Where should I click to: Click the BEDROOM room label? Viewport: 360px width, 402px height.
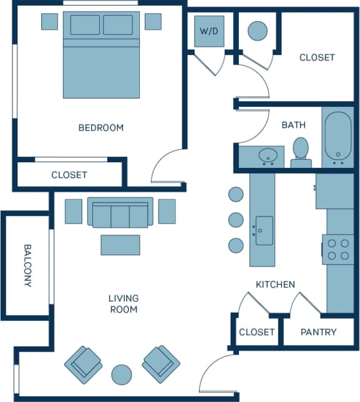100,128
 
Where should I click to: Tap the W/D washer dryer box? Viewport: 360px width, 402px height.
209,31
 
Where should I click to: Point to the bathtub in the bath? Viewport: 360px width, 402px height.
338,137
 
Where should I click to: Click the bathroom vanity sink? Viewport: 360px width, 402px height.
270,155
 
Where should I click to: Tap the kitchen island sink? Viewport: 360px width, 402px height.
264,230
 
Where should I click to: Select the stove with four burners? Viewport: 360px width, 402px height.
338,249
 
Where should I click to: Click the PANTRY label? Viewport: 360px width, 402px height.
318,332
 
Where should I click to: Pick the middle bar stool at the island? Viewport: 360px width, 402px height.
236,220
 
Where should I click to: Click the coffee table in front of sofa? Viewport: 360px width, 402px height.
120,245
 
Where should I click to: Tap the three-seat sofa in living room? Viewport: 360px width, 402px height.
120,212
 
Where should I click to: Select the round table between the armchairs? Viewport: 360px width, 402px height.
122,375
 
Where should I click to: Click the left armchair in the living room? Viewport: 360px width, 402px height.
83,364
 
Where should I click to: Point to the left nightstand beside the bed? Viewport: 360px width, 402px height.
50,21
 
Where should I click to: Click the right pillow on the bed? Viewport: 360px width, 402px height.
117,25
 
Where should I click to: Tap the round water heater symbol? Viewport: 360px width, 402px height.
257,31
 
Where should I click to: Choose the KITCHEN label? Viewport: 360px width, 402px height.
275,285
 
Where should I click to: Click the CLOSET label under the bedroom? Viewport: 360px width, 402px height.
69,175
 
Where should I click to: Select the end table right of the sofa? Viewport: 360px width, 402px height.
167,211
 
